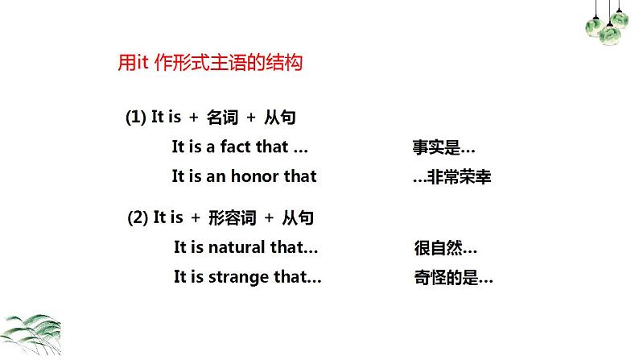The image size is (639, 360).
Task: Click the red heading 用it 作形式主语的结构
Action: (x=210, y=64)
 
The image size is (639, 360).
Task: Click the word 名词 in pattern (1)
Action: (x=222, y=118)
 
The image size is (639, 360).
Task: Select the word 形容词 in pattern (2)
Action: (x=232, y=217)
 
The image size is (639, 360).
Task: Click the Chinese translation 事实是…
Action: (x=443, y=148)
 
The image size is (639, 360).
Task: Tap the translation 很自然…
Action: (x=445, y=248)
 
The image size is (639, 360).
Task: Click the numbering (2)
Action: (x=138, y=217)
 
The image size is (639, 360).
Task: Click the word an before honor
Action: (x=216, y=176)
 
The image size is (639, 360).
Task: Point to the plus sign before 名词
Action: (x=193, y=118)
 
